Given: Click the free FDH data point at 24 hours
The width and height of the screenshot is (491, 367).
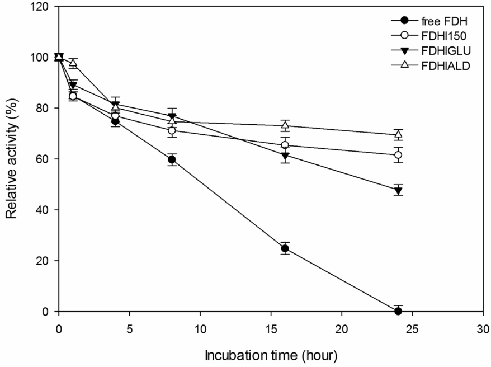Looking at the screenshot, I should click(x=398, y=311).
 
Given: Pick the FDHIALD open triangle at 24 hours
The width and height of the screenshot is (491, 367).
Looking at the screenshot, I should click(x=398, y=134).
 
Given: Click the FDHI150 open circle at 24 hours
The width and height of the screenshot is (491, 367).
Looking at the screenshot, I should click(x=398, y=155).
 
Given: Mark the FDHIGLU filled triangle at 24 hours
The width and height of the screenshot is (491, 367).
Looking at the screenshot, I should click(x=398, y=190).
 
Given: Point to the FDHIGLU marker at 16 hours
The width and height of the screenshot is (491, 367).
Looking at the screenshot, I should click(x=285, y=156).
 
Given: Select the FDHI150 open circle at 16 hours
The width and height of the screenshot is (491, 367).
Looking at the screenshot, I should click(x=285, y=145).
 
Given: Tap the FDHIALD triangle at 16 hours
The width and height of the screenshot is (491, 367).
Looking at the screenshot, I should click(x=285, y=125).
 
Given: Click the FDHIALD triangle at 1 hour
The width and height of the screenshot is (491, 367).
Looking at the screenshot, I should click(x=73, y=63).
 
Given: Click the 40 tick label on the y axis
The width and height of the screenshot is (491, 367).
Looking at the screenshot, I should click(x=45, y=210).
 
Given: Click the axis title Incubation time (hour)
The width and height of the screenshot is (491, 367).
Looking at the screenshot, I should click(x=271, y=355).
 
